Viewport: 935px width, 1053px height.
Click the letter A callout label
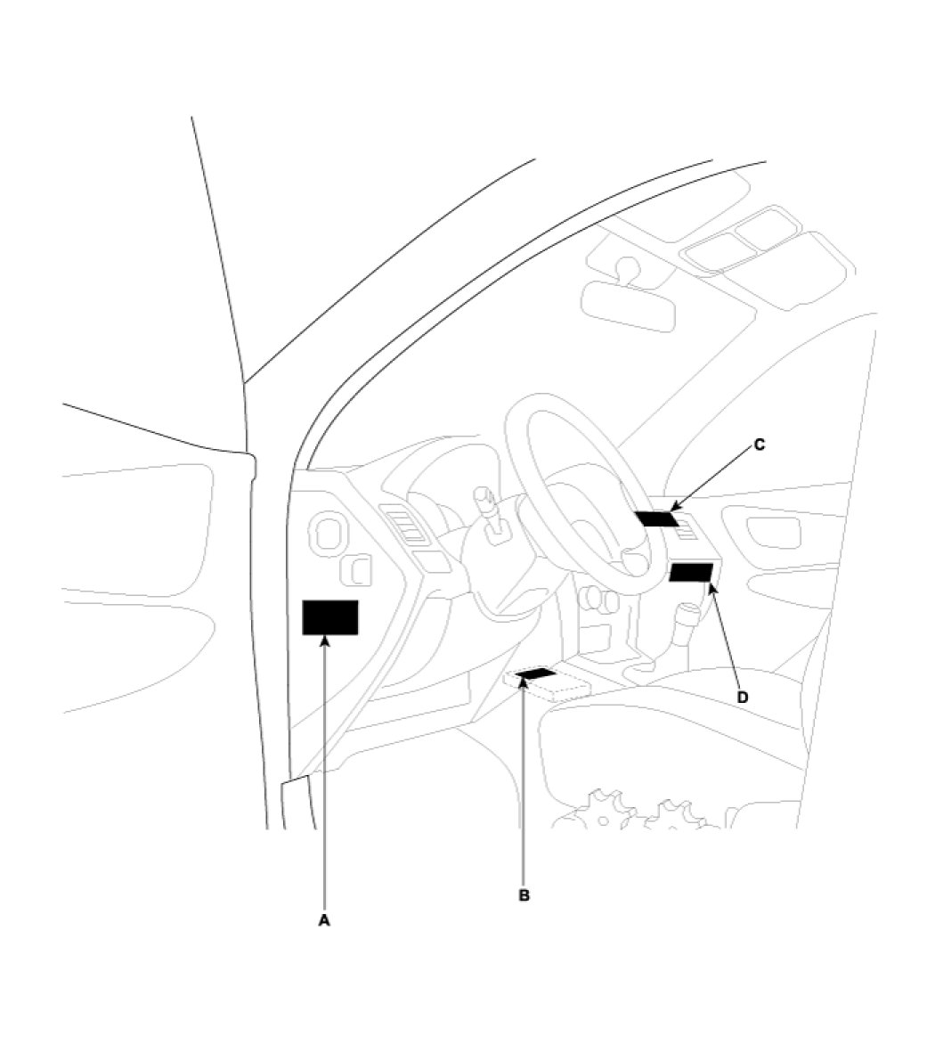324,920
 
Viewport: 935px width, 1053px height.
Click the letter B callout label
524,895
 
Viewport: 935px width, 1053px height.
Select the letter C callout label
760,445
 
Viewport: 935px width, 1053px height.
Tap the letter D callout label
743,697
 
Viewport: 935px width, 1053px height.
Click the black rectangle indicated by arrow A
330,617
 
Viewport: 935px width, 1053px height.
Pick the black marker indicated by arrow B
536,673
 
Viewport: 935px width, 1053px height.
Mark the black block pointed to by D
691,573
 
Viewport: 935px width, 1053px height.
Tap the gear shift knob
687,616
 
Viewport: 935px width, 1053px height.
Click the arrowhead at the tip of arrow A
325,641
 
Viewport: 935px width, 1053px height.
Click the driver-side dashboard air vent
404,522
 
